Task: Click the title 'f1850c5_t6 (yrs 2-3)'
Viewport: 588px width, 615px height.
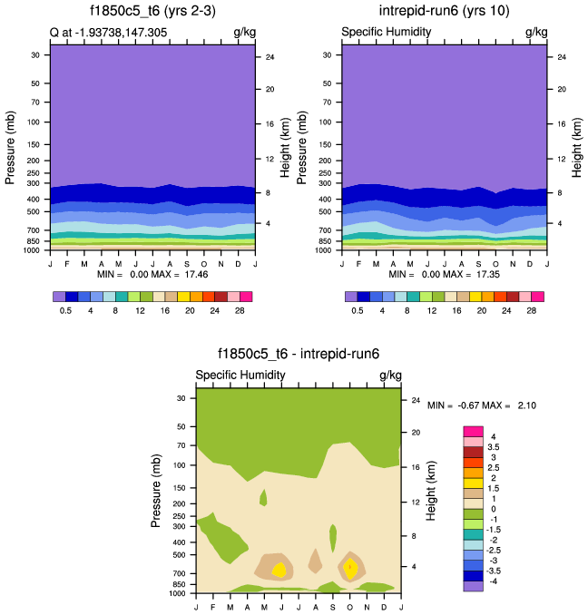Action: (x=151, y=12)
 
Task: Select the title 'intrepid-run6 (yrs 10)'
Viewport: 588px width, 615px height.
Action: (x=443, y=12)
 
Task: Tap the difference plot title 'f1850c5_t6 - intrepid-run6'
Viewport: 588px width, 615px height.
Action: (x=298, y=355)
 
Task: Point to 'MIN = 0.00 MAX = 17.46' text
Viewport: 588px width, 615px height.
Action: (x=152, y=273)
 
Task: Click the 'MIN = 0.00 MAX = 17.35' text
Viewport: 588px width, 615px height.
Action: (x=445, y=273)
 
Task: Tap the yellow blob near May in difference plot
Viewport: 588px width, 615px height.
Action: (x=279, y=570)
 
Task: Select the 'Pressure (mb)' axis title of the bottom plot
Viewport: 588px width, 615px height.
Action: (x=156, y=492)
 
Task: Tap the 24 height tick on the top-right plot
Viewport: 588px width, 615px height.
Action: (x=561, y=57)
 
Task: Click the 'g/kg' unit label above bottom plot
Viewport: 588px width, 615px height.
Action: (x=390, y=376)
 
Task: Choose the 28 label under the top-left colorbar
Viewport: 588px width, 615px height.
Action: (x=240, y=310)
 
